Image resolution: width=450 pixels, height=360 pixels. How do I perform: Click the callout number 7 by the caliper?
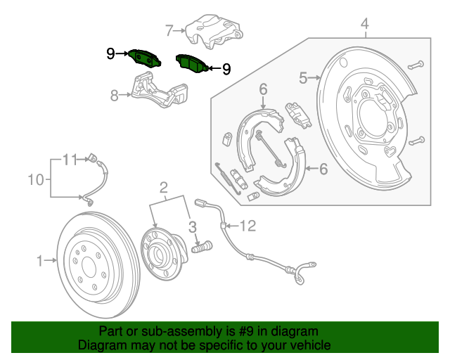[169, 30]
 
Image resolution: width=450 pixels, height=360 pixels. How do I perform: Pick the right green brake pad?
[191, 63]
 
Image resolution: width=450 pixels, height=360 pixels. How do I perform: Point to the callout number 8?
[115, 96]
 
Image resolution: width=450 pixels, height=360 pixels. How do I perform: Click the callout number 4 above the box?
[364, 27]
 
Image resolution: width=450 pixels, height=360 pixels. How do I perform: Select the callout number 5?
[303, 78]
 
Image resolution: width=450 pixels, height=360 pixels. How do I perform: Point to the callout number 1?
[40, 261]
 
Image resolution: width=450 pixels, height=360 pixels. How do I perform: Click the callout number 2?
[164, 187]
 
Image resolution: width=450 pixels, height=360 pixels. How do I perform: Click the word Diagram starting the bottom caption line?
[101, 345]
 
